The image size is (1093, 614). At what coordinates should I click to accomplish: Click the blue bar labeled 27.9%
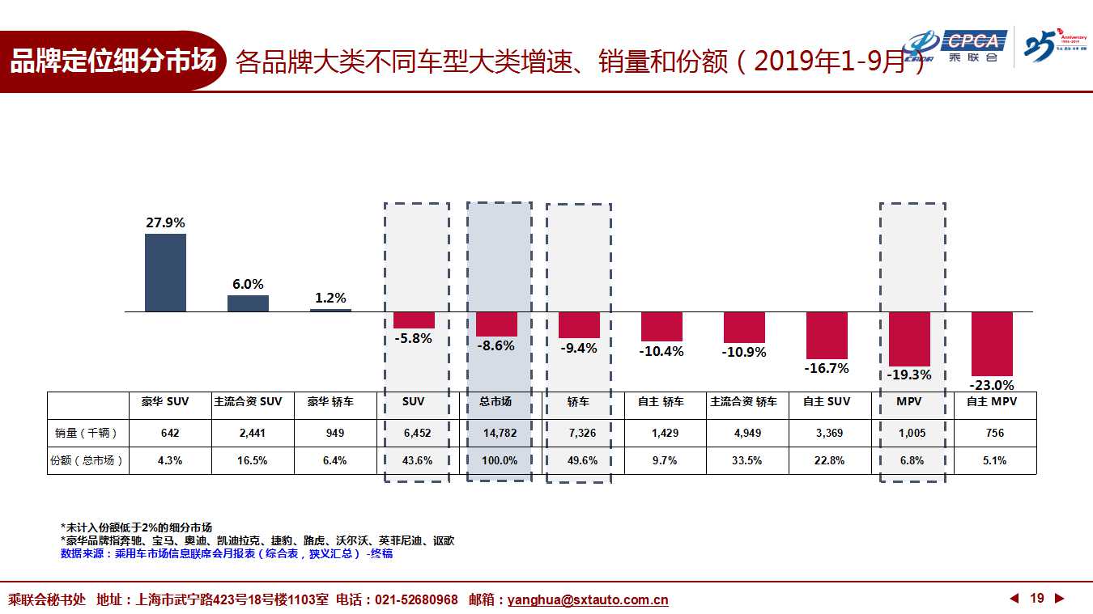165,273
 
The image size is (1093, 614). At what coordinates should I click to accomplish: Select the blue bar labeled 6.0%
248,303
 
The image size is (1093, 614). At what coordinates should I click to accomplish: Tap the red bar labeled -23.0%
992,344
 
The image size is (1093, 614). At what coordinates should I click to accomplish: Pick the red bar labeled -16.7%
827,335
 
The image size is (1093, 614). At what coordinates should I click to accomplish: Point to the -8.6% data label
495,345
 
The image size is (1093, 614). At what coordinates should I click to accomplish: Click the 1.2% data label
330,298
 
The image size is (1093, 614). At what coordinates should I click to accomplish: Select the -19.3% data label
909,375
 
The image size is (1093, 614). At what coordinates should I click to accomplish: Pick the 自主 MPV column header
992,401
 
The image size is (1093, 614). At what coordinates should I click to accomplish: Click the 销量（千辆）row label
87,433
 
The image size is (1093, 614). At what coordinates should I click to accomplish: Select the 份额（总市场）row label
87,460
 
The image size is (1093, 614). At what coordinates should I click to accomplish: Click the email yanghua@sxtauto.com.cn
588,599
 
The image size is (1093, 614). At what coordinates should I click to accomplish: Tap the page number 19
1037,599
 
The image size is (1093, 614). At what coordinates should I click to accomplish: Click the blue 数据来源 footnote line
227,553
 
